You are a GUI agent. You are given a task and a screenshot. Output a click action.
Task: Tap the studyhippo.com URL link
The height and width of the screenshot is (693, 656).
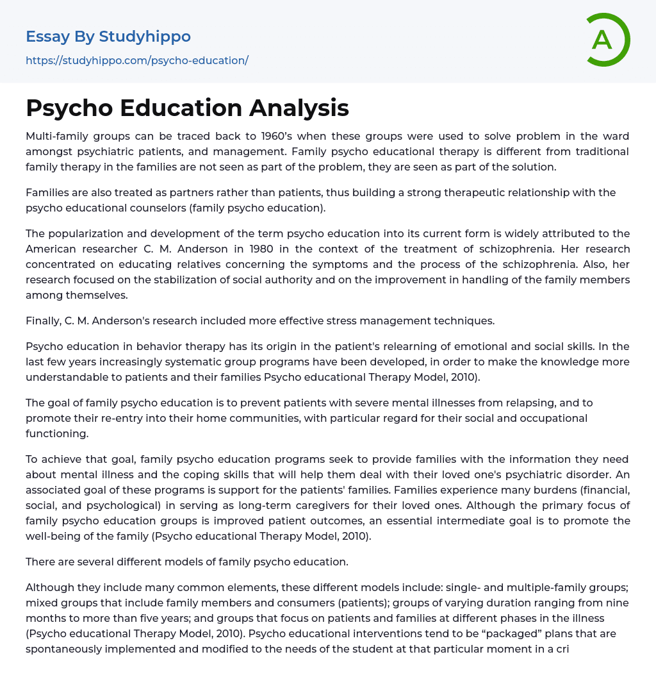click(x=137, y=60)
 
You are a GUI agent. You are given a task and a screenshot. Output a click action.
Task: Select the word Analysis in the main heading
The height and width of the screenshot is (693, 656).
click(x=299, y=108)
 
